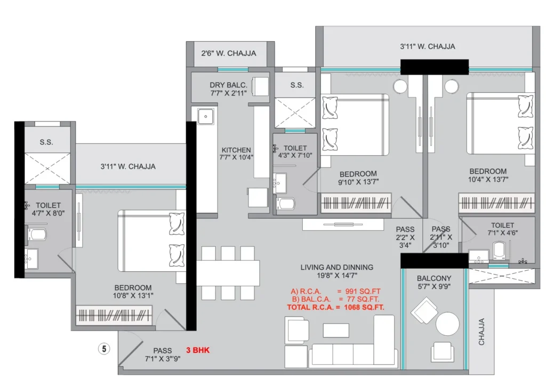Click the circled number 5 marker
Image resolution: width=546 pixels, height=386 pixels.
tap(104, 348)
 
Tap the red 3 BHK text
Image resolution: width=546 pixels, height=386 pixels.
tap(198, 350)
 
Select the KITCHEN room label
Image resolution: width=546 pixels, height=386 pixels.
tap(236, 150)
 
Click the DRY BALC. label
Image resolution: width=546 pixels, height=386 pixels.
tap(228, 85)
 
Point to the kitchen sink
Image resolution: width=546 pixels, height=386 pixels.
tap(205, 117)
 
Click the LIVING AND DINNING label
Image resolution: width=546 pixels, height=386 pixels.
tap(337, 267)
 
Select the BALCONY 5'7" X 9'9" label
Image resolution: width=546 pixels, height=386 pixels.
tap(434, 282)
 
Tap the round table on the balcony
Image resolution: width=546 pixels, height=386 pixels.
tap(447, 324)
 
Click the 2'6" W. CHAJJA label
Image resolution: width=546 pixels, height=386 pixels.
tap(228, 53)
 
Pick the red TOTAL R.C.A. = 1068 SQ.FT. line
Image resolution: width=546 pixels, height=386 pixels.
tap(335, 307)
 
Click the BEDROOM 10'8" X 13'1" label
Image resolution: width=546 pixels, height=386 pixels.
tap(133, 292)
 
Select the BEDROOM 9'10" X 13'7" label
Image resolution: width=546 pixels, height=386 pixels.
tap(358, 178)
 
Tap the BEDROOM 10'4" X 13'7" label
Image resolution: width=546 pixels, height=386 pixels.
tap(488, 175)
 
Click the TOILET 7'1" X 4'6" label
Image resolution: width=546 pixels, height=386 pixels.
tap(502, 229)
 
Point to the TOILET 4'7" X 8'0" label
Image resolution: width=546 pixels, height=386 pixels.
tap(48, 209)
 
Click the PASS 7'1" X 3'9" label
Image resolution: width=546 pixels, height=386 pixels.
tap(163, 355)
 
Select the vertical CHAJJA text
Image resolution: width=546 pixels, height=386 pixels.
tap(481, 332)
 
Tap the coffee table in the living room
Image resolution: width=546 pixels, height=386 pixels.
tap(336, 331)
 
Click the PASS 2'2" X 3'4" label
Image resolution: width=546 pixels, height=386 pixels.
tap(405, 237)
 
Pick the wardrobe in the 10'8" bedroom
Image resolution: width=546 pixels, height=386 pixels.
tap(114, 315)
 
